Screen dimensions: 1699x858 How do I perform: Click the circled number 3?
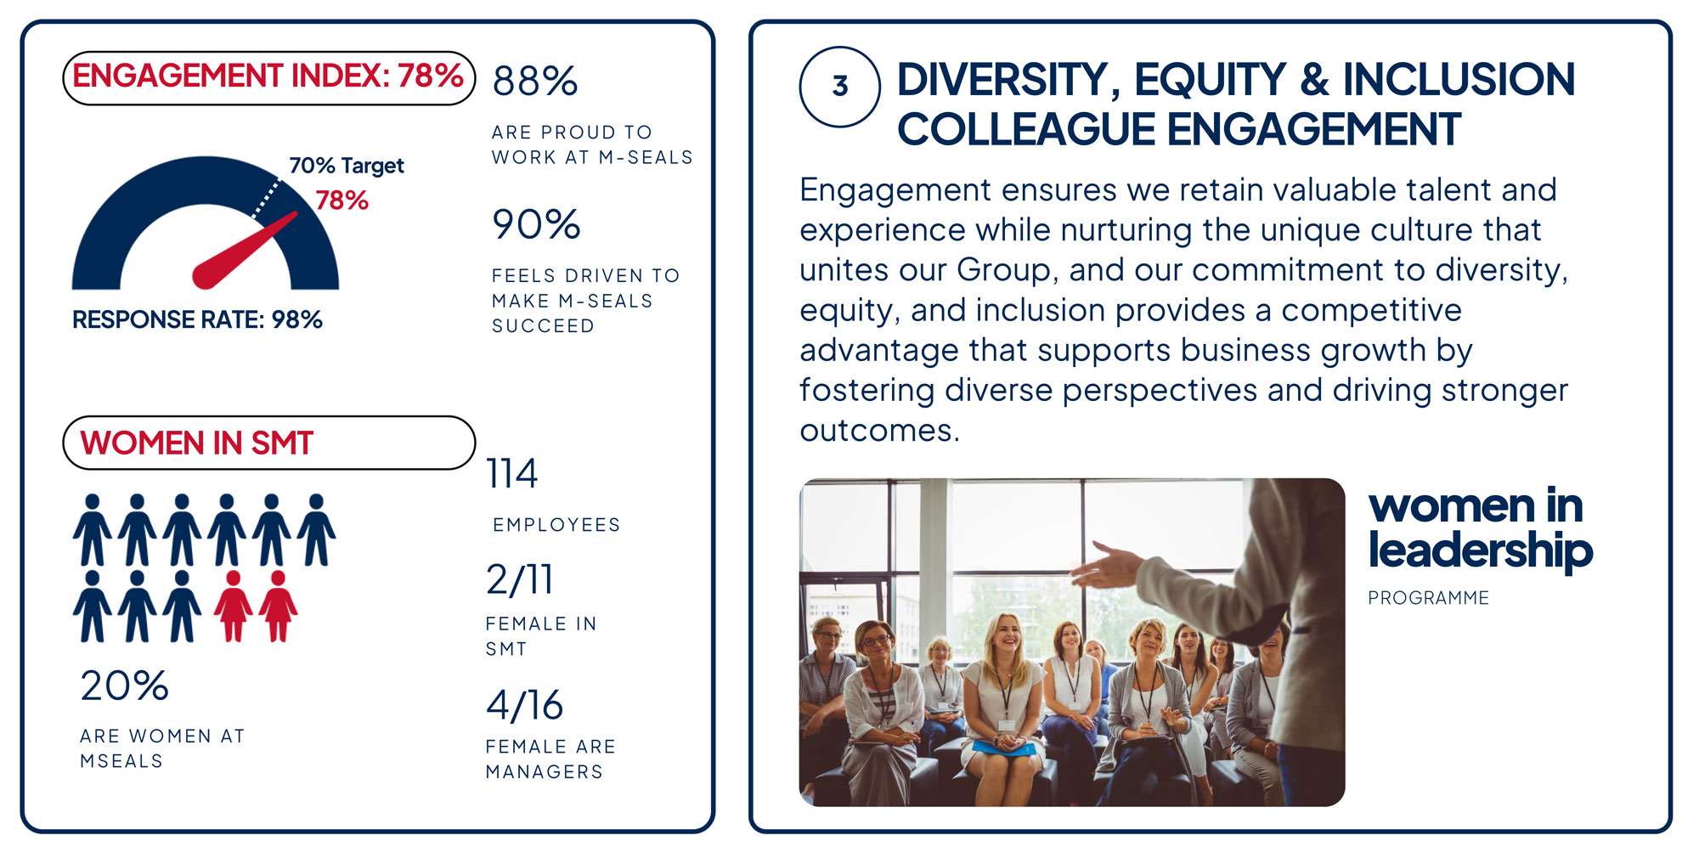click(839, 86)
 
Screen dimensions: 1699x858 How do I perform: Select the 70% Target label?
click(347, 166)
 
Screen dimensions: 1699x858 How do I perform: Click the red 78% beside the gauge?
click(341, 200)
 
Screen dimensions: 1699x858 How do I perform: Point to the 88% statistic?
click(535, 82)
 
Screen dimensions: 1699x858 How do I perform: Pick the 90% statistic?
click(536, 224)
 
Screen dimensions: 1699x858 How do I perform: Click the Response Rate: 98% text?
click(197, 319)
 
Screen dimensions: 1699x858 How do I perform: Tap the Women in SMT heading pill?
click(268, 443)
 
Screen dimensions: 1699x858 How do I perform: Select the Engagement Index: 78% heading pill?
click(268, 77)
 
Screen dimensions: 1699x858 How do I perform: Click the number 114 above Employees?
click(511, 473)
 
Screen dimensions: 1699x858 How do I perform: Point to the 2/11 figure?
click(519, 579)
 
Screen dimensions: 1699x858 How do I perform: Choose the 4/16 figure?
click(525, 705)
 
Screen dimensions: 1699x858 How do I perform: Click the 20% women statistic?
click(124, 686)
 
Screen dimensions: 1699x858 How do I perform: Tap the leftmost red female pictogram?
click(233, 606)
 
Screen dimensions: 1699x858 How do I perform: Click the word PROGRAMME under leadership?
click(1428, 598)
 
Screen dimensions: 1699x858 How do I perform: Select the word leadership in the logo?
click(1480, 550)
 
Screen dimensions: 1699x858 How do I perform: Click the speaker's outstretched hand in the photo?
click(1108, 564)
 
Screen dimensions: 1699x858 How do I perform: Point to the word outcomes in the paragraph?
click(879, 431)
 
